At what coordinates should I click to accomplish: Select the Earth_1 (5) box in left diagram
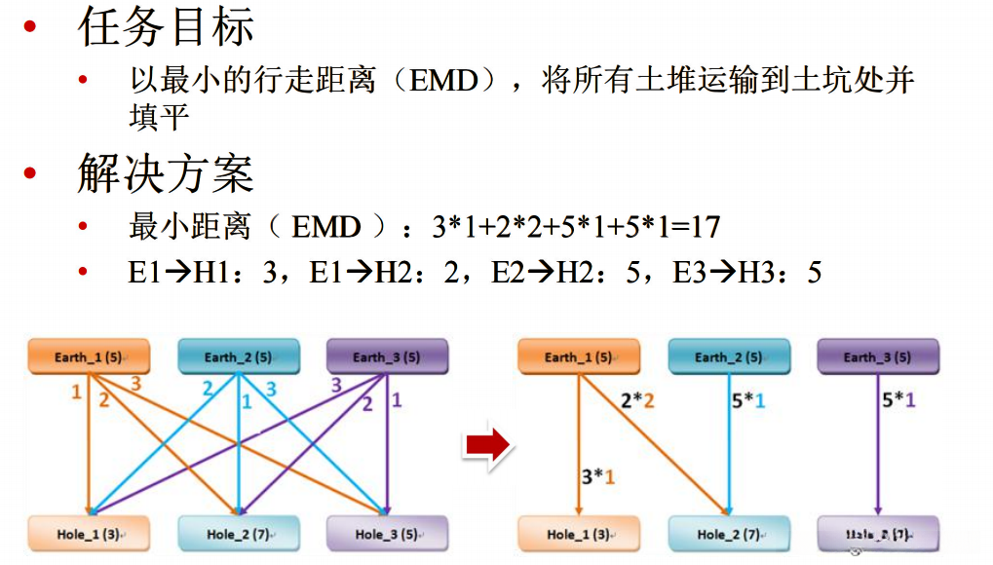pyautogui.click(x=87, y=357)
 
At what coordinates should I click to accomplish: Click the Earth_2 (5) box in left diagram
pyautogui.click(x=238, y=357)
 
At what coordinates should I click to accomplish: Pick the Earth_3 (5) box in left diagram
pyautogui.click(x=387, y=357)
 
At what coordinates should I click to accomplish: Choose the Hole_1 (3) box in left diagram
pyautogui.click(x=87, y=533)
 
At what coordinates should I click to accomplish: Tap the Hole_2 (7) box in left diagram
pyautogui.click(x=238, y=533)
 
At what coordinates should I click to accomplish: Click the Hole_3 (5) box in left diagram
pyautogui.click(x=387, y=533)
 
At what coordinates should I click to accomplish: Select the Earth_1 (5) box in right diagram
pyautogui.click(x=579, y=357)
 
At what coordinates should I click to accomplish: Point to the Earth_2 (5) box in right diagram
pyautogui.click(x=729, y=357)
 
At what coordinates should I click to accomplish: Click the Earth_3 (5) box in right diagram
pyautogui.click(x=878, y=357)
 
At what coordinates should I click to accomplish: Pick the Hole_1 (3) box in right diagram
pyautogui.click(x=579, y=533)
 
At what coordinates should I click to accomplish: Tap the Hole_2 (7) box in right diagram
pyautogui.click(x=729, y=533)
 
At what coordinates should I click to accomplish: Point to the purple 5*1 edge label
pyautogui.click(x=898, y=399)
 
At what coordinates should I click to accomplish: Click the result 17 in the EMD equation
pyautogui.click(x=704, y=228)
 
